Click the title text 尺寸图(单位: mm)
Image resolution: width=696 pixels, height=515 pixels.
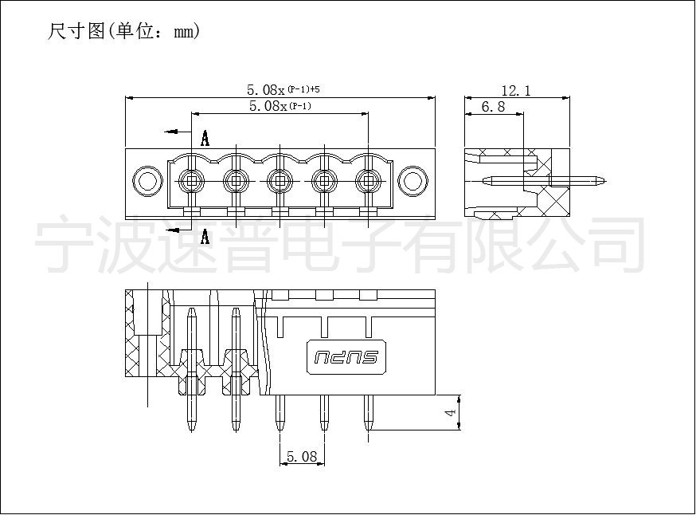tap(124, 31)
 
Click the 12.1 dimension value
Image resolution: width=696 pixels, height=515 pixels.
tap(516, 91)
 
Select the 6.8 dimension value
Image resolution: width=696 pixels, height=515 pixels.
tap(493, 107)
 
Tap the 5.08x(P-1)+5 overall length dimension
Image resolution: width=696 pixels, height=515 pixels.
tap(283, 90)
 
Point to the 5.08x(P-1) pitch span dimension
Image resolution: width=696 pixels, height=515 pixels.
tap(280, 106)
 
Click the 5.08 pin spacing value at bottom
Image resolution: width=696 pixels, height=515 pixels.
tap(302, 456)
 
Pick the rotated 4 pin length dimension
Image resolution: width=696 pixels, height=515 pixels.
tap(451, 412)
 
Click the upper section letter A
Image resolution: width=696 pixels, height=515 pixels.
tap(205, 138)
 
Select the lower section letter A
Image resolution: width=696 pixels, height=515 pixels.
tap(205, 236)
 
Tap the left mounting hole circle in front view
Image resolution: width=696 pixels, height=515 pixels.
tap(147, 181)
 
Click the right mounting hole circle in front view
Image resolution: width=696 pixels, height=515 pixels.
tap(413, 181)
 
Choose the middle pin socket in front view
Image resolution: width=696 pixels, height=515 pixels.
tap(280, 181)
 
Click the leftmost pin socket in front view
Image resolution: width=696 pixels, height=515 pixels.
tap(192, 181)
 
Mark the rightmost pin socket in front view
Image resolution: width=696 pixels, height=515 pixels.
tap(369, 181)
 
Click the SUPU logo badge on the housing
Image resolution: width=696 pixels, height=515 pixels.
tap(346, 357)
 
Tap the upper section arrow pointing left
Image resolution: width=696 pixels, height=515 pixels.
tap(178, 132)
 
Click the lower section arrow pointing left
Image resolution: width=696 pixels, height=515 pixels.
tap(178, 230)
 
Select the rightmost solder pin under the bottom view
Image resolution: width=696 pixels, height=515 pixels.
tap(368, 413)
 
